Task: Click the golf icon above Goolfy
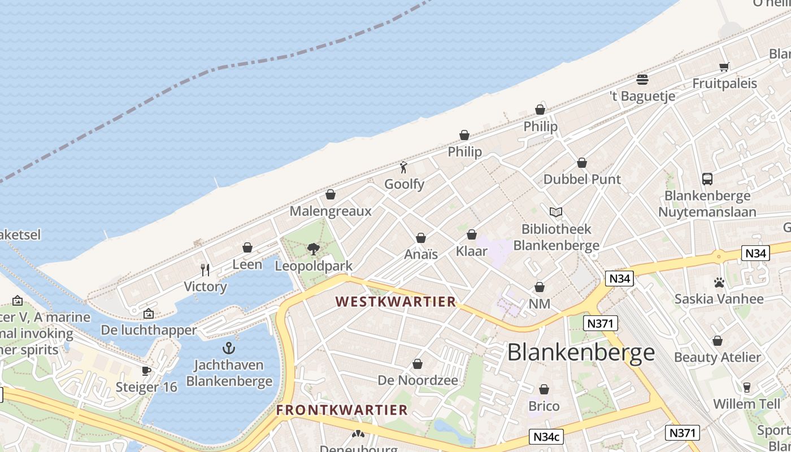pos(403,167)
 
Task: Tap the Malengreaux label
pos(331,211)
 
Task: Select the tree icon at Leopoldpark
pos(314,249)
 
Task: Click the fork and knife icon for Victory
pos(205,270)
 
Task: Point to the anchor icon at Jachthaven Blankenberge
pos(229,347)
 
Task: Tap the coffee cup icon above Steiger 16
pos(146,371)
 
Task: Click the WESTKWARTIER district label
pos(396,302)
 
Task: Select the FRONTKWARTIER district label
pos(342,410)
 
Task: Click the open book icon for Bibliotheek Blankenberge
pos(556,212)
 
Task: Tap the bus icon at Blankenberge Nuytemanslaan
pos(707,179)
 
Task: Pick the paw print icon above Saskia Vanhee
pos(719,282)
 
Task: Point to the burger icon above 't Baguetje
pos(642,79)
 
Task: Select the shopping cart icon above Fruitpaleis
pos(724,67)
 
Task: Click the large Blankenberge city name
pos(581,353)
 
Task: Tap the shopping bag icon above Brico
pos(544,389)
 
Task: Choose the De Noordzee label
pos(418,380)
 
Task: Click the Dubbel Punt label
pos(582,179)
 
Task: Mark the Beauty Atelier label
pos(717,357)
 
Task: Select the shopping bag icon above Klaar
pos(471,234)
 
